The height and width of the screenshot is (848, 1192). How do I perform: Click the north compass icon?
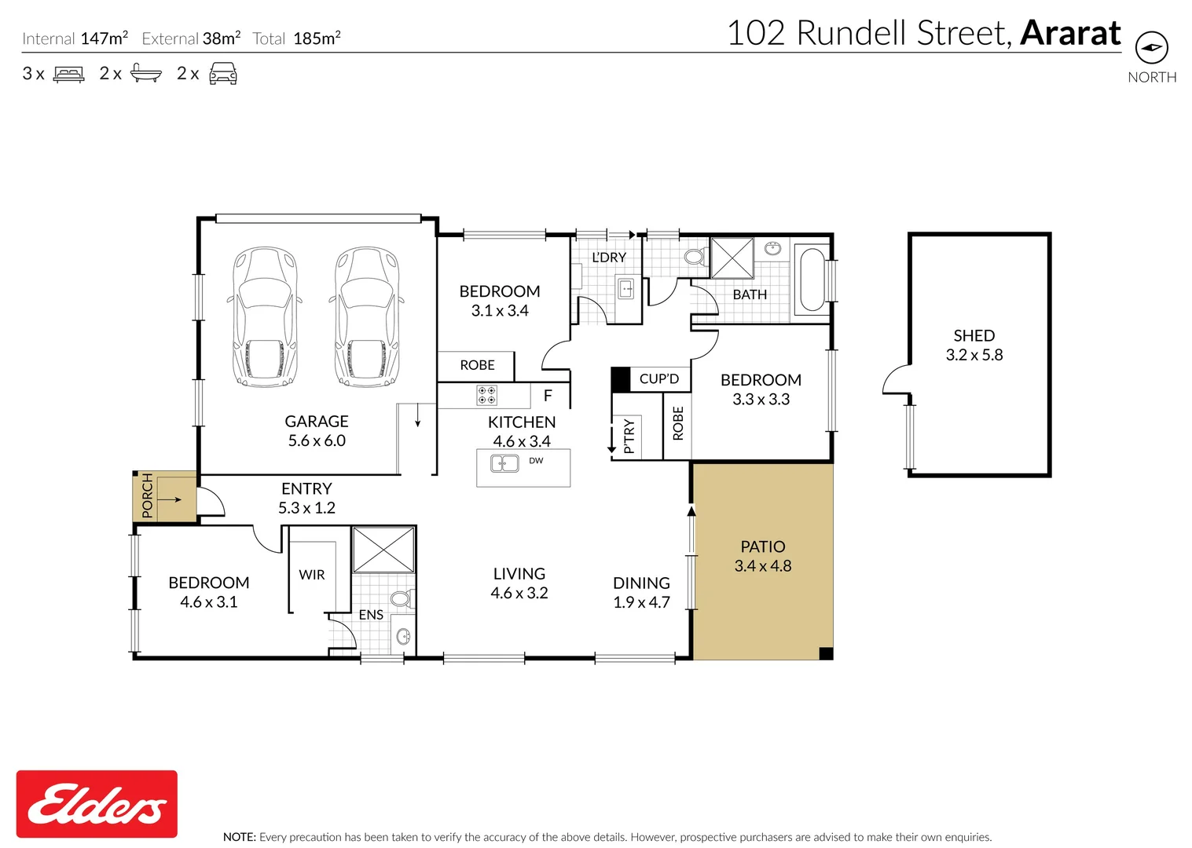(1151, 48)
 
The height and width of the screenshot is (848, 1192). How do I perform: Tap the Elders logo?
(97, 804)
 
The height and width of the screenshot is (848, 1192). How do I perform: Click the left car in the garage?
(266, 317)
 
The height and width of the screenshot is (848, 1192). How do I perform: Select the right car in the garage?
(366, 317)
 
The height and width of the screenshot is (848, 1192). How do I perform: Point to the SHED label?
(974, 335)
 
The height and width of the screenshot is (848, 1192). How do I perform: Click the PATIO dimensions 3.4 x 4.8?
(762, 566)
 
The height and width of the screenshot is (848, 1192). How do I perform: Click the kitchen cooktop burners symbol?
(486, 395)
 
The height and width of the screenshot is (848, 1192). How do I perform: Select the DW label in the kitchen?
(536, 461)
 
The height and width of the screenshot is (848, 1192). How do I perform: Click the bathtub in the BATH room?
(811, 280)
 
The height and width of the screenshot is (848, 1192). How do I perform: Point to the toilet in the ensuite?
(401, 599)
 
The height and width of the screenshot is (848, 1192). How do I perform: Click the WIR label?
(312, 575)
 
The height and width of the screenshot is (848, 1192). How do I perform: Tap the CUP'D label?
(658, 379)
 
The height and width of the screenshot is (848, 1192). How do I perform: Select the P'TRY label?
(629, 437)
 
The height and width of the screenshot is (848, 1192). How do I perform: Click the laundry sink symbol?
(626, 289)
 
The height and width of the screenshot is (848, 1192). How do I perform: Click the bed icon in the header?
(68, 75)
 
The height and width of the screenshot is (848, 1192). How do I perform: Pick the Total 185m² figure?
(317, 38)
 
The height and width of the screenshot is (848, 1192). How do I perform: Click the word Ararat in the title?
(1070, 33)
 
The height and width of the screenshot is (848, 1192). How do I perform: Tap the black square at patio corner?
(826, 653)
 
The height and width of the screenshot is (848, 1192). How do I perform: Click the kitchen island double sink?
(504, 463)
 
